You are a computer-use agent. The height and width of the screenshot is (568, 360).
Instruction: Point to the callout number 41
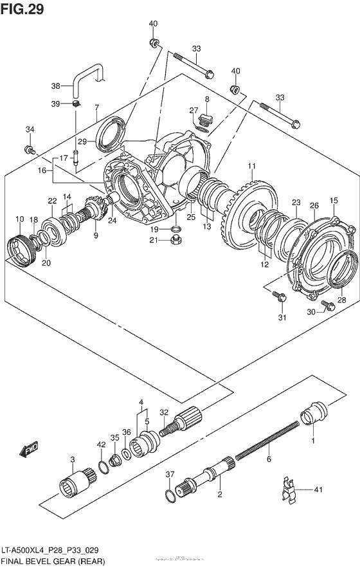[318, 491]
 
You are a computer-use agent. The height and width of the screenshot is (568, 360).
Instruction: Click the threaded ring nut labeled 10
[20, 248]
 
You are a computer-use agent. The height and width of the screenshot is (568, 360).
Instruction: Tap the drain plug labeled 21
[174, 241]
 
